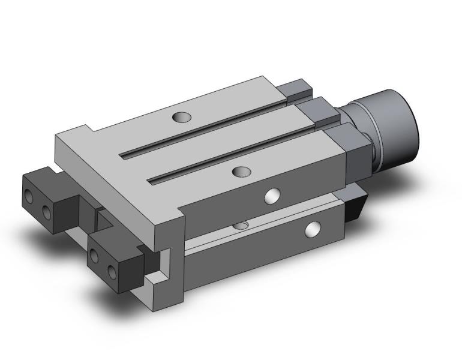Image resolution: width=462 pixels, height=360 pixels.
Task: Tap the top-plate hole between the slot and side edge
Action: [x=241, y=172]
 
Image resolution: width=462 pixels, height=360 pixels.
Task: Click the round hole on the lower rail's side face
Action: [x=313, y=229]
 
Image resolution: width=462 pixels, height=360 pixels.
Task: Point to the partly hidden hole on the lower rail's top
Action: [x=241, y=225]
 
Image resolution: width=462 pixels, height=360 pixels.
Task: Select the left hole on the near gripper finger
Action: [x=94, y=256]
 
